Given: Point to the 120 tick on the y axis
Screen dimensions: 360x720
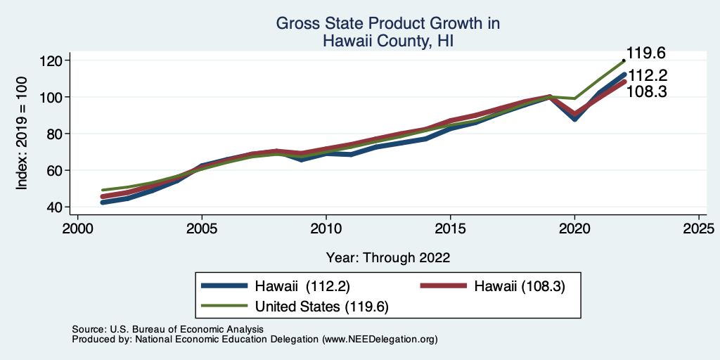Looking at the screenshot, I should [x=51, y=61].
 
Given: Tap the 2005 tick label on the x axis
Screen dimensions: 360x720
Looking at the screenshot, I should [x=202, y=229].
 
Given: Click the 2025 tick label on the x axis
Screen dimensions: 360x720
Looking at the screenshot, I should [x=699, y=229].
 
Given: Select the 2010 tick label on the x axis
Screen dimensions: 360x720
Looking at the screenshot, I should [x=326, y=229].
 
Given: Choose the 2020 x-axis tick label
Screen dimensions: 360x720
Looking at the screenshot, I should [x=574, y=229].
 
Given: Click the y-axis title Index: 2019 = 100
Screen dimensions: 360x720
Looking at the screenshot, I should [x=22, y=134].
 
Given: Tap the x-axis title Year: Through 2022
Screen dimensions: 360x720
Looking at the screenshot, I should [x=388, y=257].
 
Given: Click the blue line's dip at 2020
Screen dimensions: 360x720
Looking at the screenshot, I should [x=574, y=119].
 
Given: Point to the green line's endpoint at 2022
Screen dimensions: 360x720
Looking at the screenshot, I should [x=624, y=61].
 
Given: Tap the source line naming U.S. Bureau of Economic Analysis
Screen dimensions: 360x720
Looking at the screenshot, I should [x=167, y=329].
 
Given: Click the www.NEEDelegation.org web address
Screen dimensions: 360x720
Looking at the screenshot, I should [x=380, y=339].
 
